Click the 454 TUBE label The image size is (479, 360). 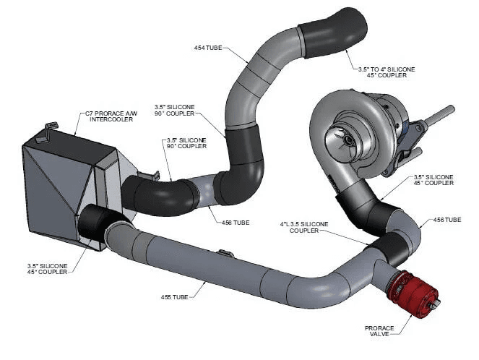point(209,48)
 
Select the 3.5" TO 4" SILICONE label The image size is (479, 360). point(387,69)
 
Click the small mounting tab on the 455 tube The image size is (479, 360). point(226,254)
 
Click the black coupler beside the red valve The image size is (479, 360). point(393,246)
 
